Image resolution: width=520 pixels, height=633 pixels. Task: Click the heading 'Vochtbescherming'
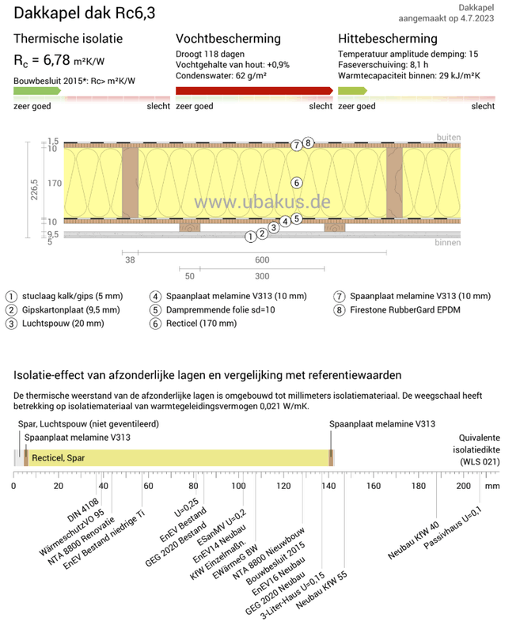228,39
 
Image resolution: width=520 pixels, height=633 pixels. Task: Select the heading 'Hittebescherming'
387,39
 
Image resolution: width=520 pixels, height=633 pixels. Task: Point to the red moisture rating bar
253,91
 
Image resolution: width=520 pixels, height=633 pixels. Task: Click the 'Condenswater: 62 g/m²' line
221,78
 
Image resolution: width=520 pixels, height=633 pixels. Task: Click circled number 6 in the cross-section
296,183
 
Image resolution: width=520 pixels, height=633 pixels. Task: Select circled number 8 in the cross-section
308,143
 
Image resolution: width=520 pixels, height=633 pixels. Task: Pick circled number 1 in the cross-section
250,236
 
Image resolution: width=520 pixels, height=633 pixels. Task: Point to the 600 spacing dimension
262,259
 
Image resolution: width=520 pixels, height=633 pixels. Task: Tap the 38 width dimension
131,259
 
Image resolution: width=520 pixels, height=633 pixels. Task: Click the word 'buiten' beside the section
449,137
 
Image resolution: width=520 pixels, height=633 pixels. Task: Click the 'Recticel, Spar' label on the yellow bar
59,457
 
